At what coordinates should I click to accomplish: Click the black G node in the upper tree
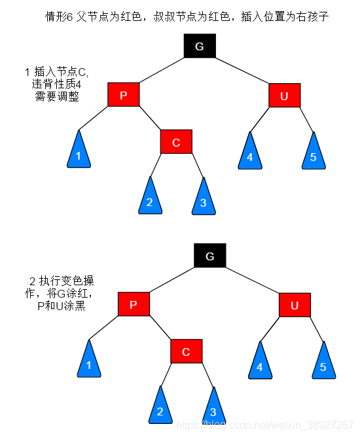coord(200,45)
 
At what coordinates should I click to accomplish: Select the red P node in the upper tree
coord(124,96)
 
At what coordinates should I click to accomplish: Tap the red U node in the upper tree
coord(284,96)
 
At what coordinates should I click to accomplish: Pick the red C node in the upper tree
coord(176,142)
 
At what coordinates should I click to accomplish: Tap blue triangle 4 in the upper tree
coord(250,154)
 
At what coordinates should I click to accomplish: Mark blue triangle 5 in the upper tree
coord(313,154)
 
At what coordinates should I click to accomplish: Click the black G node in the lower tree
coord(209,256)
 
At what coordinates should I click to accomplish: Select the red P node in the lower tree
coord(134,305)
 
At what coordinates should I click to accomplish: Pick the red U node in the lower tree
coord(295,305)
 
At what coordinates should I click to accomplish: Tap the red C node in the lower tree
coord(186,352)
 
